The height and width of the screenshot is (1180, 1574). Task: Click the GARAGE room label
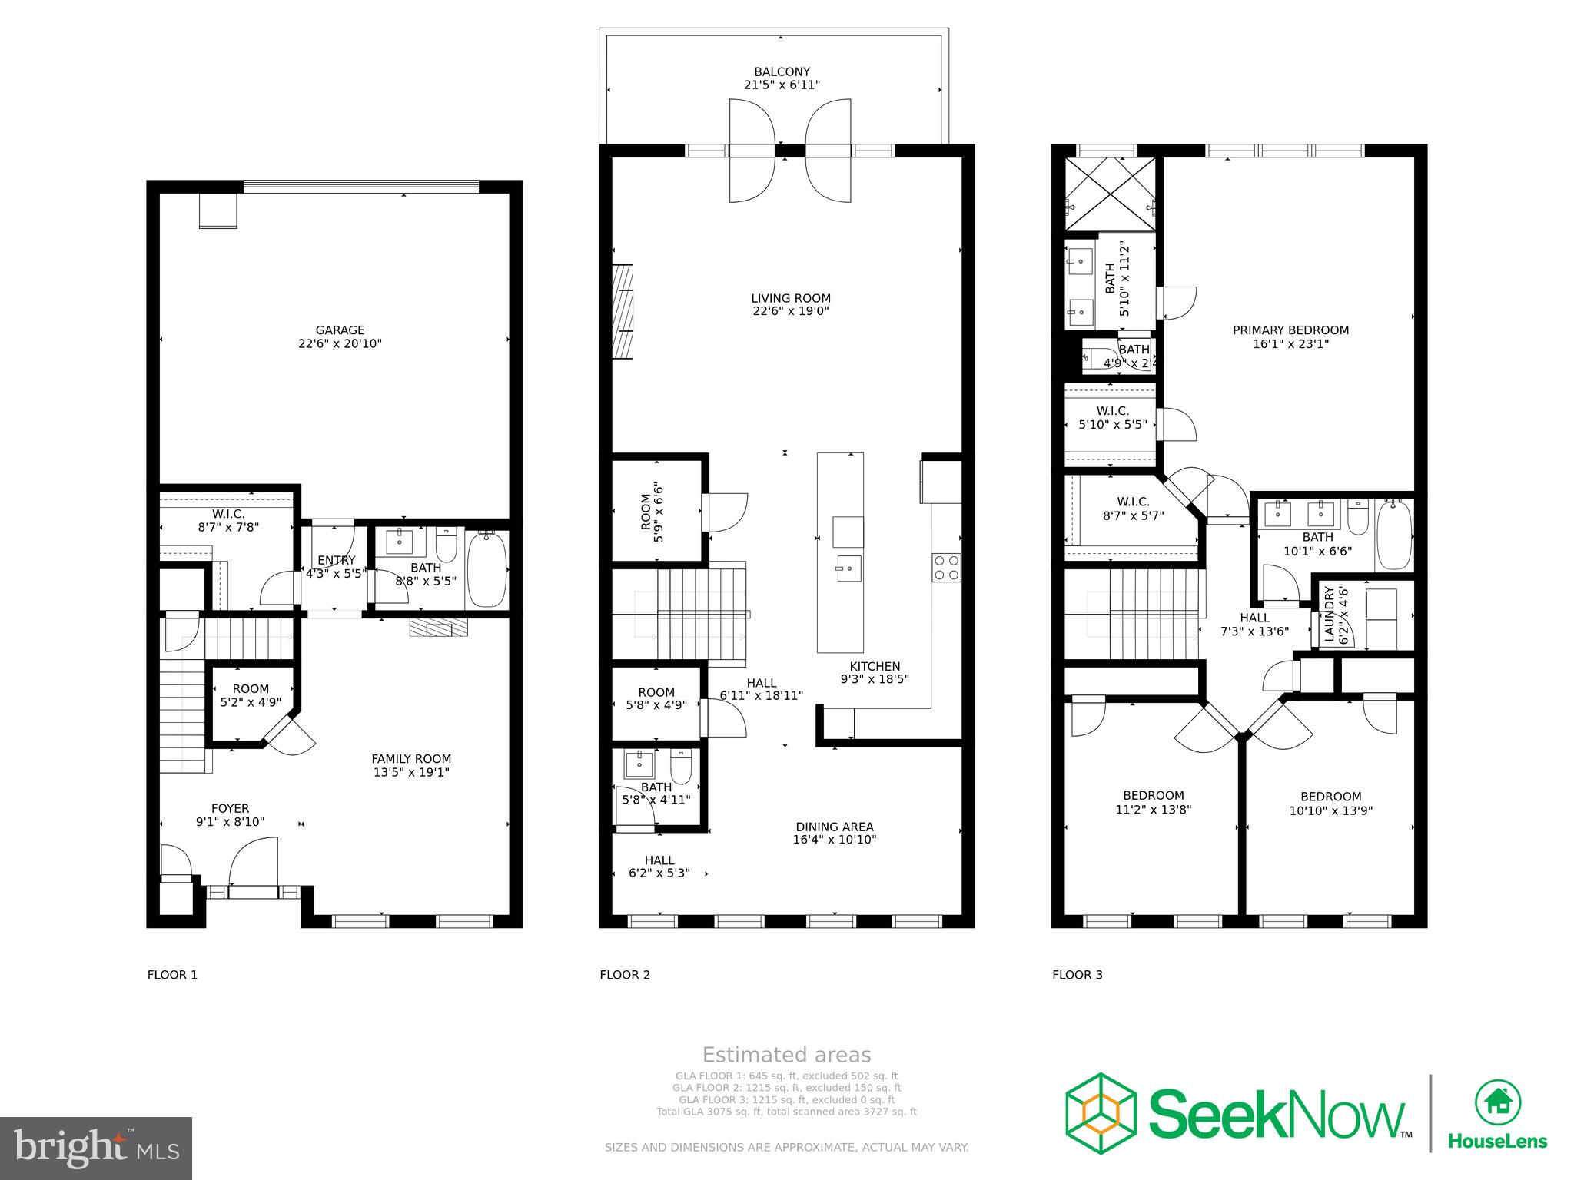tap(340, 336)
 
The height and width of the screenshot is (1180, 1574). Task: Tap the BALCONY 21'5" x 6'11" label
tap(782, 78)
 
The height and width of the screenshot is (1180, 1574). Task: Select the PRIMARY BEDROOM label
tap(1290, 336)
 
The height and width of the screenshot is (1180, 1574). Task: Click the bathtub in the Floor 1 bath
tap(486, 570)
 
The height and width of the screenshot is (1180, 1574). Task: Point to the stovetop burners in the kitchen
tap(946, 568)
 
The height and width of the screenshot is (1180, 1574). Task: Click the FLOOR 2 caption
tap(625, 975)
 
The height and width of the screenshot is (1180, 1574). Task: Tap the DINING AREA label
tap(834, 833)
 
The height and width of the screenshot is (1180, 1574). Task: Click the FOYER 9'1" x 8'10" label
tap(230, 814)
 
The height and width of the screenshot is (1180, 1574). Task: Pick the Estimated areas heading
tap(786, 1055)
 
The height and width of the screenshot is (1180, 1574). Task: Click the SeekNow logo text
tap(1276, 1114)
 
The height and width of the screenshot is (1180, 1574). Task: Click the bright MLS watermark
tap(96, 1148)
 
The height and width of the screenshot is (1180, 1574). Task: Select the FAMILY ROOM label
tap(411, 765)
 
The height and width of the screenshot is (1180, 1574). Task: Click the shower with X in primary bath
tap(1110, 193)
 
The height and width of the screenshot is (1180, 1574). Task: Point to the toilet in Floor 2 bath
tap(682, 765)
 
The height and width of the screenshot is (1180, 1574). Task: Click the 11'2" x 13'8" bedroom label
tap(1153, 802)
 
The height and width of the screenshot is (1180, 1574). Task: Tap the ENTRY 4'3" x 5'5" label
tap(336, 567)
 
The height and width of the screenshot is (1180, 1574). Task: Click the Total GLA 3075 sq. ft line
tap(786, 1112)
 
